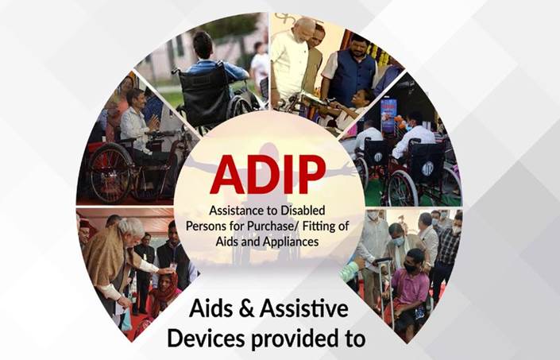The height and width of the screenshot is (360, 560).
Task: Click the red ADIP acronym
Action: coord(268,175)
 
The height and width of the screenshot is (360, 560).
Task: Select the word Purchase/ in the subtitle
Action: coord(262,226)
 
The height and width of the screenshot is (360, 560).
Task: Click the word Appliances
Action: coord(291,242)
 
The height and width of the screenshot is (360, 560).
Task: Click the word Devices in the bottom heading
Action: coord(206,339)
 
